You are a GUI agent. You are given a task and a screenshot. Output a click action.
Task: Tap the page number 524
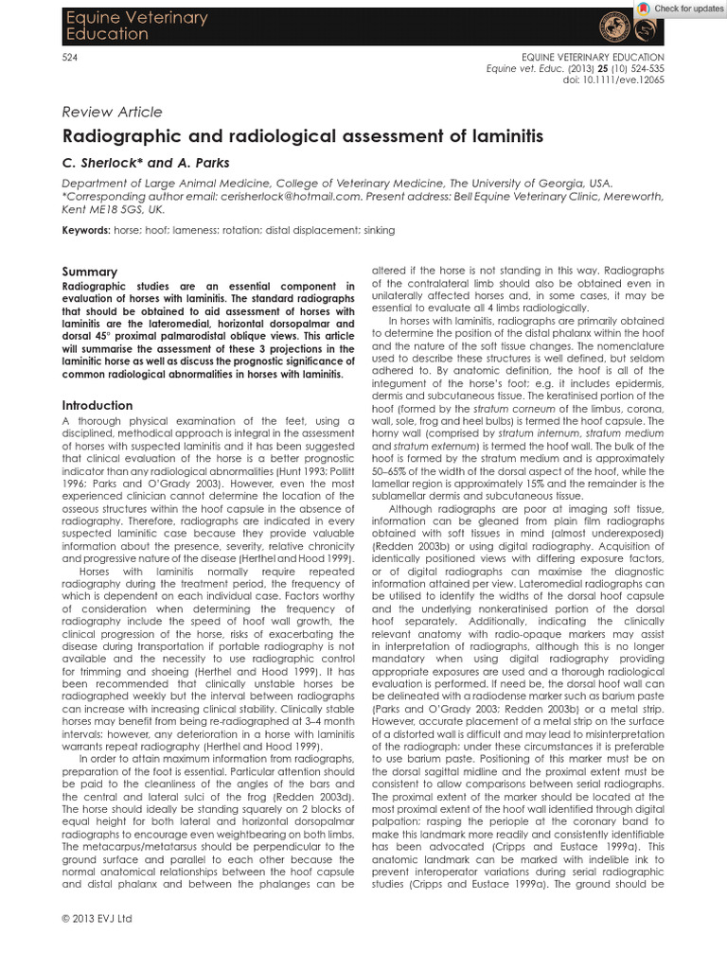pyautogui.click(x=67, y=57)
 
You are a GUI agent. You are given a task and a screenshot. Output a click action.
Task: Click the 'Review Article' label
pyautogui.click(x=112, y=112)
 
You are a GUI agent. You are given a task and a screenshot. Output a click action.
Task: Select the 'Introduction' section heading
pyautogui.click(x=97, y=405)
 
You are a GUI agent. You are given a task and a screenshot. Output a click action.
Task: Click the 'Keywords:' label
pyautogui.click(x=85, y=230)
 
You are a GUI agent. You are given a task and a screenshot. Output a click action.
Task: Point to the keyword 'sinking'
pyautogui.click(x=376, y=230)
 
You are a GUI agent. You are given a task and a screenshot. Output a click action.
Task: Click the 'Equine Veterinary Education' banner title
pyautogui.click(x=122, y=26)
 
